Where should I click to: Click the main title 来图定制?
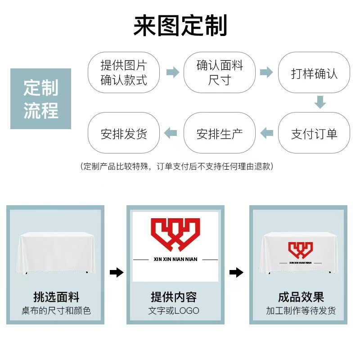pyautogui.click(x=180, y=26)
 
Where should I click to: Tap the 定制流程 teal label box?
pyautogui.click(x=41, y=99)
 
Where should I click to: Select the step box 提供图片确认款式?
pyautogui.click(x=124, y=73)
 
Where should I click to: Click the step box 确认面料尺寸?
pyautogui.click(x=220, y=73)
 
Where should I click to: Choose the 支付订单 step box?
pyautogui.click(x=314, y=133)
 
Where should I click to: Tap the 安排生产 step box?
pyautogui.click(x=220, y=133)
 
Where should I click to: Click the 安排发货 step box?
pyautogui.click(x=124, y=133)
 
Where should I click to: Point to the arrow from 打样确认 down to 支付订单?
pyautogui.click(x=320, y=102)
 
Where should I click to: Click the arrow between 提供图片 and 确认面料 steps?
pyautogui.click(x=173, y=72)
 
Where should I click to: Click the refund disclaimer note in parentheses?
pyautogui.click(x=177, y=166)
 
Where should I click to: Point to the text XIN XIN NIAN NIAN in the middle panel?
pyautogui.click(x=175, y=260)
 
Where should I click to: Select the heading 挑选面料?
pyautogui.click(x=56, y=297)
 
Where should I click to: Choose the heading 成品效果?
pyautogui.click(x=301, y=297)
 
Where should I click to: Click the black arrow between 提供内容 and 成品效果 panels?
pyautogui.click(x=237, y=273)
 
